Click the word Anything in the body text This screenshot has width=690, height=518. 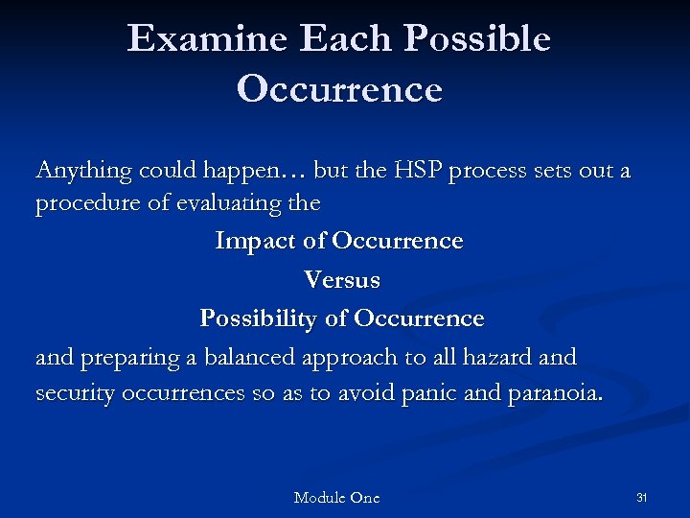[83, 172]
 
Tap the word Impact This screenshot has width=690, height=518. [256, 241]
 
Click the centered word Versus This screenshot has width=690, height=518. [341, 280]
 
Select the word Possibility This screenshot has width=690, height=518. [259, 318]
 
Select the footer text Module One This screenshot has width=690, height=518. [336, 497]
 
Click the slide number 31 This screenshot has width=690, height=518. [642, 497]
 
